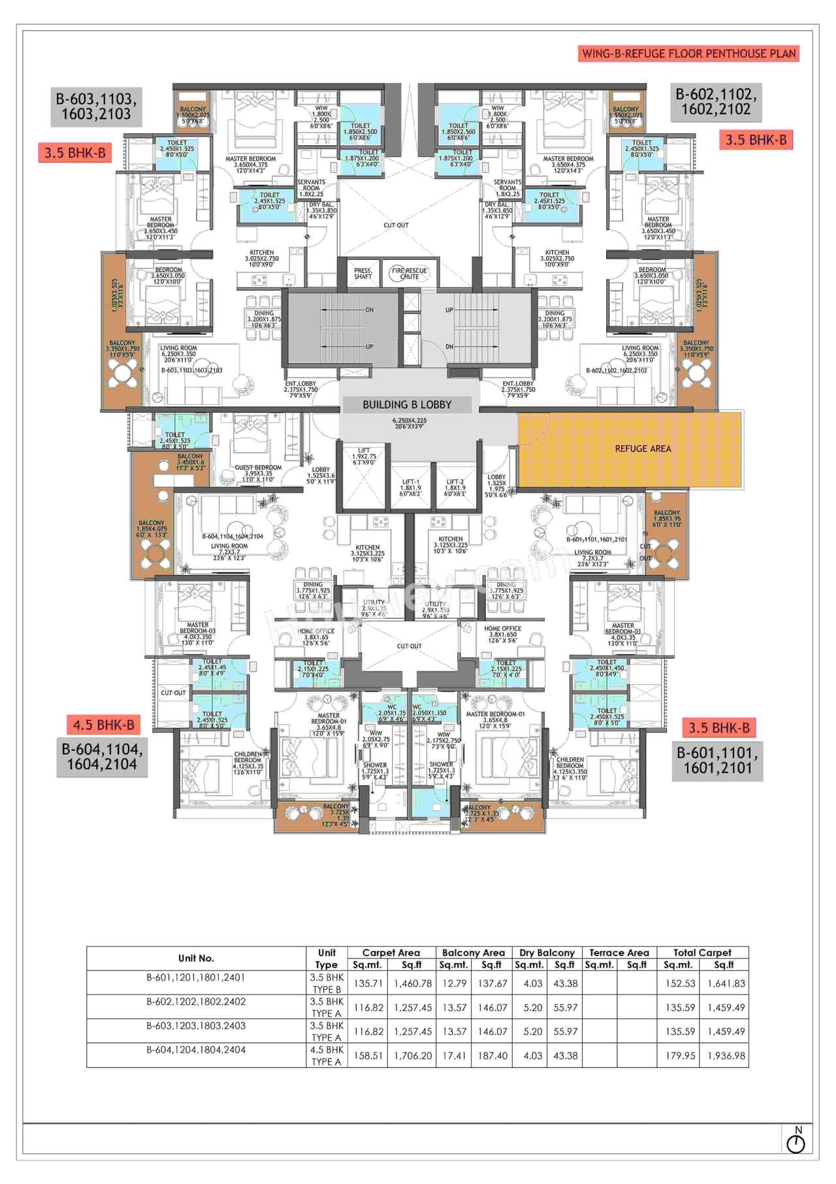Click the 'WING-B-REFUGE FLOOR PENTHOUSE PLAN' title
pyautogui.click(x=689, y=54)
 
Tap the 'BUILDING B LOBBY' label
pyautogui.click(x=407, y=404)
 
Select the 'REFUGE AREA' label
pyautogui.click(x=643, y=449)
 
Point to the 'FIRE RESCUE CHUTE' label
pyautogui.click(x=410, y=273)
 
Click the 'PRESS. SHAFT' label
pyautogui.click(x=363, y=273)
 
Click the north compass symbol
pyautogui.click(x=796, y=1143)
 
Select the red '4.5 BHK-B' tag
pyautogui.click(x=103, y=725)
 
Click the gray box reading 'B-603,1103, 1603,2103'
pyautogui.click(x=96, y=107)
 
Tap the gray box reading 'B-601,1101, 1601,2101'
pyautogui.click(x=717, y=760)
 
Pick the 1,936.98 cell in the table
pyautogui.click(x=726, y=1055)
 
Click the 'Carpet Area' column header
pyautogui.click(x=391, y=953)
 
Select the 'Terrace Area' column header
pyautogui.click(x=619, y=953)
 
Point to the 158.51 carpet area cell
pyautogui.click(x=368, y=1055)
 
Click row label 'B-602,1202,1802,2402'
pyautogui.click(x=196, y=1002)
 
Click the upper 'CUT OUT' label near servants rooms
pyautogui.click(x=396, y=225)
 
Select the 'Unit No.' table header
pyautogui.click(x=196, y=958)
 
